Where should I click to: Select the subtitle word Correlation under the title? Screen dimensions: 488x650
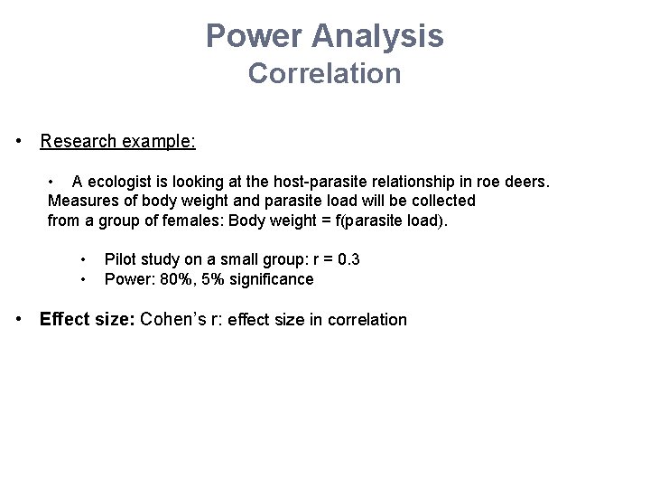pos(325,73)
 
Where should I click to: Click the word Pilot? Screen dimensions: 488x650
pos(120,259)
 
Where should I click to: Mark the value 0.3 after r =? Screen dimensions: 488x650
pos(349,259)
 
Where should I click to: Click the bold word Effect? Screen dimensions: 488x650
pos(64,319)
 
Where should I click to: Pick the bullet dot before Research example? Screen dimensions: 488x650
pos(19,142)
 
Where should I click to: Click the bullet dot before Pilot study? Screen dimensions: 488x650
pos(84,260)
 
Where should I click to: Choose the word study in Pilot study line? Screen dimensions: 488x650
pos(157,259)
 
